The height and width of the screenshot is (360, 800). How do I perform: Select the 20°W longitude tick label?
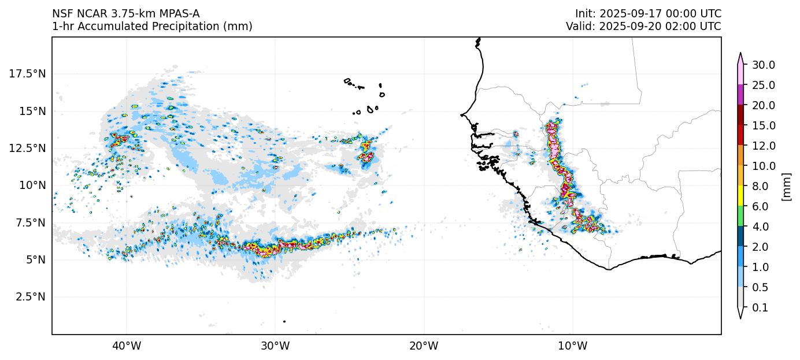pyautogui.click(x=424, y=347)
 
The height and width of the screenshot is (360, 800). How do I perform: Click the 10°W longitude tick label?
pyautogui.click(x=572, y=347)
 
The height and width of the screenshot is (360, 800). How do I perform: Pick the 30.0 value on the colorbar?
pyautogui.click(x=763, y=65)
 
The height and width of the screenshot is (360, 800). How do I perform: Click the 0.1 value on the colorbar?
pyautogui.click(x=761, y=308)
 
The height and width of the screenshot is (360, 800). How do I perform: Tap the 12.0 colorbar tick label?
pyautogui.click(x=763, y=146)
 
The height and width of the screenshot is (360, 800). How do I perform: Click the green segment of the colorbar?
pyautogui.click(x=740, y=217)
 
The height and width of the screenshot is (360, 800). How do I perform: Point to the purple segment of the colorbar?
pyautogui.click(x=740, y=95)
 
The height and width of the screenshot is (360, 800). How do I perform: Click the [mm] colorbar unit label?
pyautogui.click(x=786, y=186)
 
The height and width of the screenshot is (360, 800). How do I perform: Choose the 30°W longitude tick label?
pyautogui.click(x=275, y=347)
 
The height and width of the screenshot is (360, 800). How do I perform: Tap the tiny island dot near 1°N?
pyautogui.click(x=284, y=321)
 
